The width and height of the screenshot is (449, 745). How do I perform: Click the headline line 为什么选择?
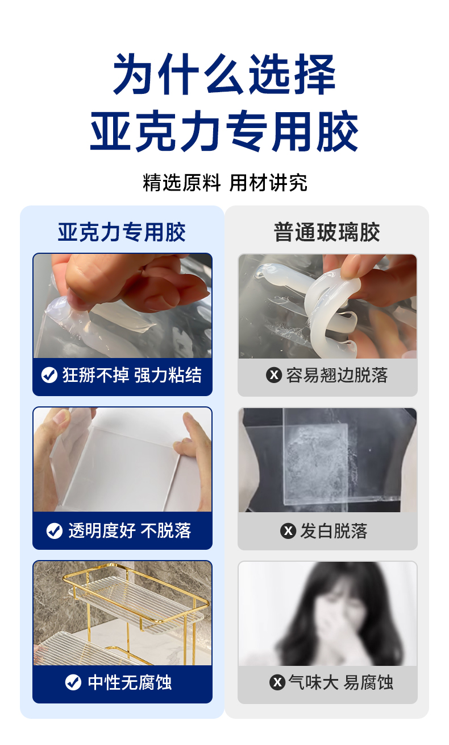pos(224,74)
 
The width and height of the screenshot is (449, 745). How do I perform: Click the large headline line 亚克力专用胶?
pos(224,131)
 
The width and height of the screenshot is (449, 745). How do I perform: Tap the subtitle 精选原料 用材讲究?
pos(225,183)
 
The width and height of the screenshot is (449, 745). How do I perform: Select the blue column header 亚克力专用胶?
pos(122,232)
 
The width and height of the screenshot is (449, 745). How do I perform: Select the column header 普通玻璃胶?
pos(327,232)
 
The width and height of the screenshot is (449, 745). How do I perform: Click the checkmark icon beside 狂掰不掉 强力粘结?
pos(49,375)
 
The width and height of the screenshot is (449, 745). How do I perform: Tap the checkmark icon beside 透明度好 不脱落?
pos(55,530)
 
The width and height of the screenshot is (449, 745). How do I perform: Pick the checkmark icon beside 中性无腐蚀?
pos(73,682)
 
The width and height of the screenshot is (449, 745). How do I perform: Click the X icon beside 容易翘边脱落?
pos(274,375)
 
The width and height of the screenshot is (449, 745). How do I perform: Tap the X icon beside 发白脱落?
pos(288,530)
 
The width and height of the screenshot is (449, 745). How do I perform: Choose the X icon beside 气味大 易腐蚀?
pos(277,682)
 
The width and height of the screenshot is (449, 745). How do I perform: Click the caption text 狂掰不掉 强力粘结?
pos(132,375)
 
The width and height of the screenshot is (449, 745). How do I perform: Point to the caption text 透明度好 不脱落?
pos(130,530)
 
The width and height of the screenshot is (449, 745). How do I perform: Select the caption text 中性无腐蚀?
pos(130,682)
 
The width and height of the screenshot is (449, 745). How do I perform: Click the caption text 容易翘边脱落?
pos(337,375)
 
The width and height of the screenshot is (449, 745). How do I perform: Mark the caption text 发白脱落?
pos(334,530)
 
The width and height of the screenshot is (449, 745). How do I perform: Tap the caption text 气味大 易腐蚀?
pos(341,682)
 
